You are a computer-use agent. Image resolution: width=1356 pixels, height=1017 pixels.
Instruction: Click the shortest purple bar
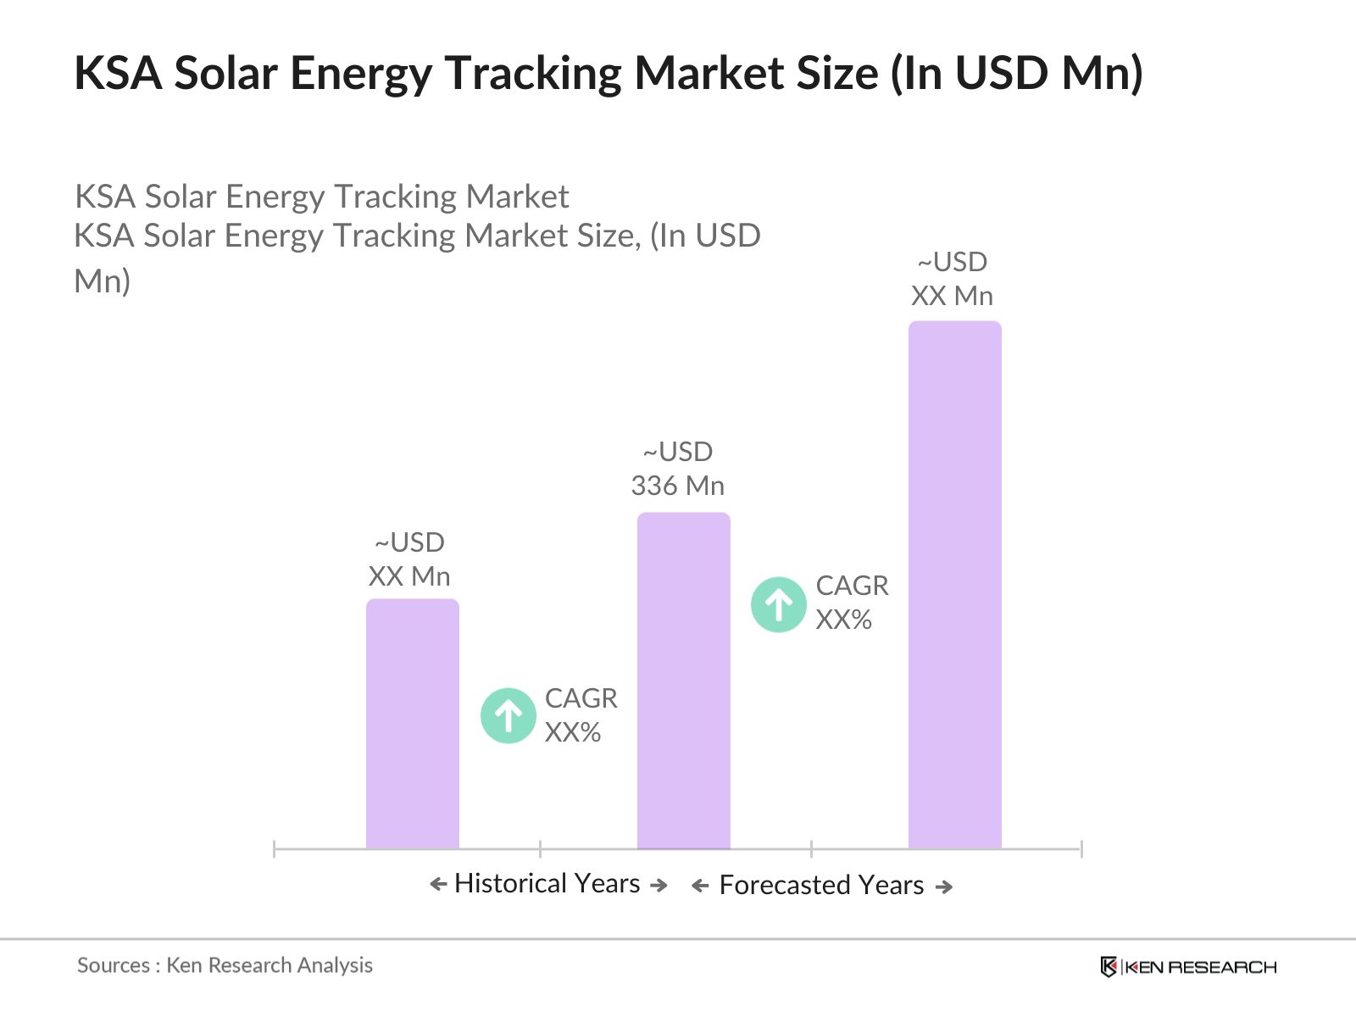pyautogui.click(x=413, y=725)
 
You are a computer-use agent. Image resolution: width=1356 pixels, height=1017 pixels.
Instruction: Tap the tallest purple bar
pyautogui.click(x=954, y=585)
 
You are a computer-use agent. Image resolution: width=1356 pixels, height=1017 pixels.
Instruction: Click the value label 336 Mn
pyautogui.click(x=678, y=486)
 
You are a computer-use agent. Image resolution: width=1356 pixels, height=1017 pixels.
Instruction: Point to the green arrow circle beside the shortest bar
pyautogui.click(x=508, y=716)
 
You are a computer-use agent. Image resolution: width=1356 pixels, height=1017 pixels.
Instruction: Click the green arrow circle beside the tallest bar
pyautogui.click(x=779, y=605)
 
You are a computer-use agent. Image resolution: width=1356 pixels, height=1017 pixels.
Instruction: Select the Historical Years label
pyautogui.click(x=547, y=883)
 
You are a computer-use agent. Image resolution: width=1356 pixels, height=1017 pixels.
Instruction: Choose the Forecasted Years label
pyautogui.click(x=821, y=885)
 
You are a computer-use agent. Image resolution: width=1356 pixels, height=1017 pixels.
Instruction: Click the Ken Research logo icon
pyautogui.click(x=1108, y=967)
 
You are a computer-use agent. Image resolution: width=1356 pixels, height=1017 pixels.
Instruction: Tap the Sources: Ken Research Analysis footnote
pyautogui.click(x=225, y=965)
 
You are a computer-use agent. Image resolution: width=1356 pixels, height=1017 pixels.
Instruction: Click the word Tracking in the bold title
pyautogui.click(x=534, y=73)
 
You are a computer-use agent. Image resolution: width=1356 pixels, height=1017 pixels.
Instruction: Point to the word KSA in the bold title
pyautogui.click(x=118, y=73)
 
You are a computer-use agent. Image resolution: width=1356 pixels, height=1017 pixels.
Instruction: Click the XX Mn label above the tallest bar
pyautogui.click(x=953, y=296)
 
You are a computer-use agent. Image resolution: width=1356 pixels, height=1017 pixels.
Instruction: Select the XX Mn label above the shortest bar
pyautogui.click(x=409, y=576)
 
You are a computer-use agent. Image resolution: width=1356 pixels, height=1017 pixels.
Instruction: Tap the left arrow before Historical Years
pyautogui.click(x=438, y=885)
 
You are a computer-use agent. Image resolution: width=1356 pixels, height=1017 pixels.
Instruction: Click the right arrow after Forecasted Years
pyautogui.click(x=944, y=886)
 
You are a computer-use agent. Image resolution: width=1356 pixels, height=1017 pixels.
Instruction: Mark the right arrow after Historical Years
pyautogui.click(x=659, y=885)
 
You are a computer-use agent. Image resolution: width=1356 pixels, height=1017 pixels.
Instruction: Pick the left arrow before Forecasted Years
pyautogui.click(x=700, y=886)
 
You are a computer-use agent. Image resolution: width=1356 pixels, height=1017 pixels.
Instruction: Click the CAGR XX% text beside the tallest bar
pyautogui.click(x=852, y=603)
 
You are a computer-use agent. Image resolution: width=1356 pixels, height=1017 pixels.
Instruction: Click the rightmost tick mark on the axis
pyautogui.click(x=1081, y=848)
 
